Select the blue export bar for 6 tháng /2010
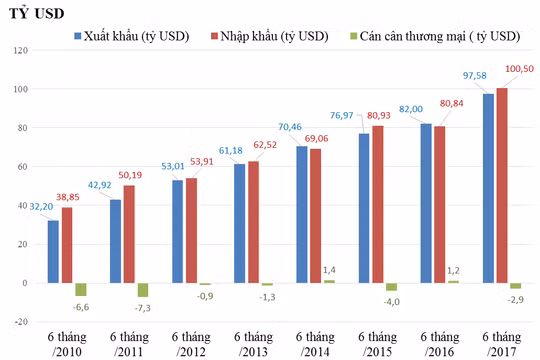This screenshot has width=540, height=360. (53, 251)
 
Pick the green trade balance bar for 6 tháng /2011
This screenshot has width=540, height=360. (142, 290)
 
